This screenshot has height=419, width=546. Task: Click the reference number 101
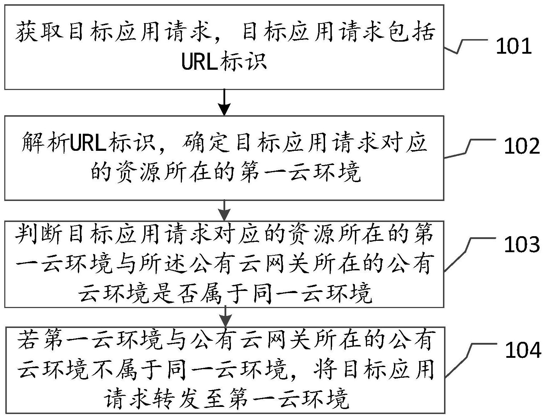coord(513,47)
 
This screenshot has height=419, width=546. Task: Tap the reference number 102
coord(521,146)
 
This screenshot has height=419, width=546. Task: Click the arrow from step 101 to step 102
coord(224,102)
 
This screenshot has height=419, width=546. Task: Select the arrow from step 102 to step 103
coord(224,210)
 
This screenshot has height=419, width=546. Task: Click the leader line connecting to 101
coord(465,46)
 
